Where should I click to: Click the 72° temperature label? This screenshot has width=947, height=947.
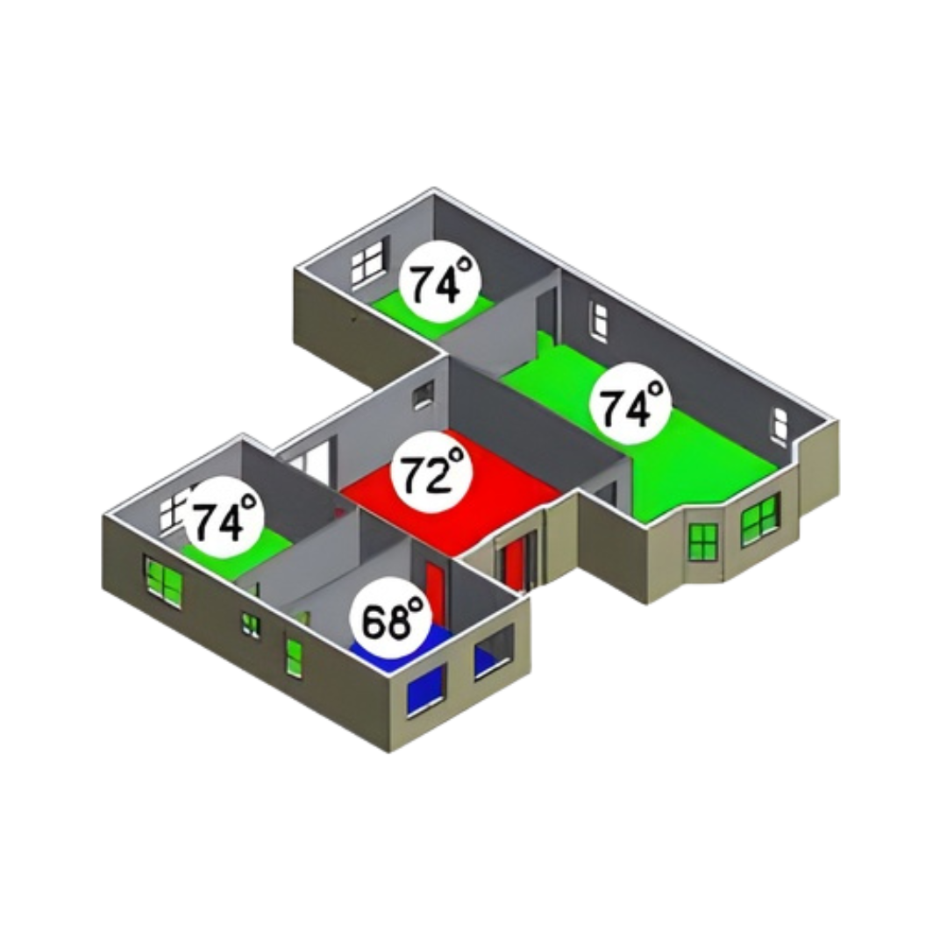click(x=431, y=474)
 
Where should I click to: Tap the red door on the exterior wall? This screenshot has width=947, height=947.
click(x=514, y=561)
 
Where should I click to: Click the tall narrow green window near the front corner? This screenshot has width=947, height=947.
click(x=295, y=655)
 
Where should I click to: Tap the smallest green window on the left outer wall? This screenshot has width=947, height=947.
click(x=251, y=623)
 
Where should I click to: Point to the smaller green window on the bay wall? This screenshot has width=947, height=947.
click(x=702, y=540)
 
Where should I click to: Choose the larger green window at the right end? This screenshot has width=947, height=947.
click(x=760, y=518)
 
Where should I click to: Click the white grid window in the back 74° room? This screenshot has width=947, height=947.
click(x=367, y=262)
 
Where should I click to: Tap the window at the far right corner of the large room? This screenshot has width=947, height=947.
click(x=779, y=424)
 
